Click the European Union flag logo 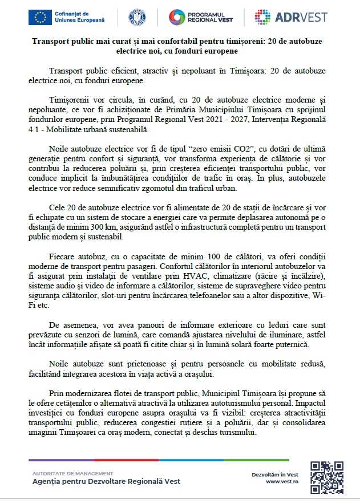click(41, 18)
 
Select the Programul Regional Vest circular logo click(179, 18)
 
